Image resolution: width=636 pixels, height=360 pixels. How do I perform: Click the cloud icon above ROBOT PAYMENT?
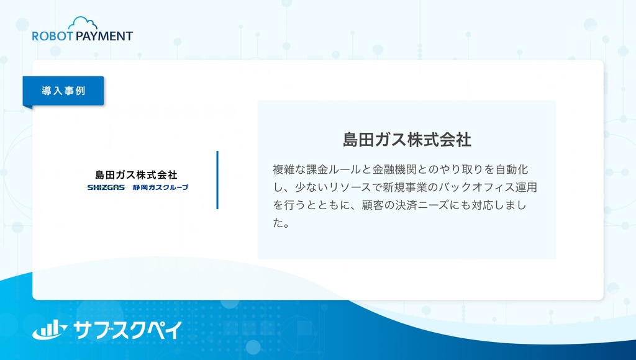(83, 24)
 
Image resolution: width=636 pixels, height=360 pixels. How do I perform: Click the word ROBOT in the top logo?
(52, 36)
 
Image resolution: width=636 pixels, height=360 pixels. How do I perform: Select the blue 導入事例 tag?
(63, 91)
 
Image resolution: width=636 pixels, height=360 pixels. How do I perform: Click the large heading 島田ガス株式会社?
(407, 140)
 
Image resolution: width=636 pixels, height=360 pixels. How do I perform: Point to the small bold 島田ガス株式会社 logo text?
(136, 175)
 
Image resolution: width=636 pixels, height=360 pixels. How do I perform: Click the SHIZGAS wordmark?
(106, 187)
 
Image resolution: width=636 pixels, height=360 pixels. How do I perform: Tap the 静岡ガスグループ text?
(161, 187)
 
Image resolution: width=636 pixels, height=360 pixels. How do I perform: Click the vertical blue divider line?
(217, 180)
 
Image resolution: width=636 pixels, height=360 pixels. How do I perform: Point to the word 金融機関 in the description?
(394, 169)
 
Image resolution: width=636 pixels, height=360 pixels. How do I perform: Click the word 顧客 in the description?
(373, 205)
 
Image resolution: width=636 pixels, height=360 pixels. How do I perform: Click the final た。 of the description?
(281, 223)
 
